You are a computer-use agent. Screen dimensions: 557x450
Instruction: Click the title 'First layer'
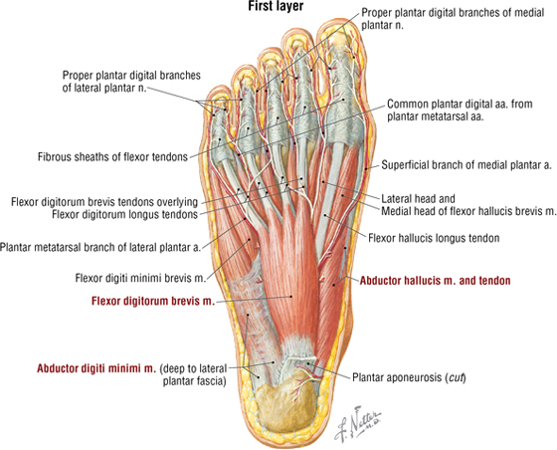276,6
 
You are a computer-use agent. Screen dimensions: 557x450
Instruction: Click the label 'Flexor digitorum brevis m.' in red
153,301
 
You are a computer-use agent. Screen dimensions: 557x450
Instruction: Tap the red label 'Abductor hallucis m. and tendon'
436,281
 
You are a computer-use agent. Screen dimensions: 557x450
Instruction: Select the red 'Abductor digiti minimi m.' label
96,368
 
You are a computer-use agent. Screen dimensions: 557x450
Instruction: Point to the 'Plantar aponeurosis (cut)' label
409,377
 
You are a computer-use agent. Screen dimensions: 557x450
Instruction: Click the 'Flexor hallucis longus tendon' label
434,238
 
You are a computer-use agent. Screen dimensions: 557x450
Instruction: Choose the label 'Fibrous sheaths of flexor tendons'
112,156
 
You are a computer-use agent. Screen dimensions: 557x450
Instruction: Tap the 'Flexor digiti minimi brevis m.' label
140,278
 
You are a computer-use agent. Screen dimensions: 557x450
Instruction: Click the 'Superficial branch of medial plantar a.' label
466,165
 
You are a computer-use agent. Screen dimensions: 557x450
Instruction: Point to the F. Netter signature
357,425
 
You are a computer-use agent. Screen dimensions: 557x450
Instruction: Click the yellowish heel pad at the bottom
286,406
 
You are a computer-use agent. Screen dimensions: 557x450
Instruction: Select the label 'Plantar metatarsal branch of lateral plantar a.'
100,247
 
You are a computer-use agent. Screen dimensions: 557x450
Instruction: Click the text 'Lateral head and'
418,198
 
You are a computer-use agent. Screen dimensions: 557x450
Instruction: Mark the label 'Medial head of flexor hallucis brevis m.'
468,211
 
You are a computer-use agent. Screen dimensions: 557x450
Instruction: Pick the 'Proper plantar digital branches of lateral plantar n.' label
131,82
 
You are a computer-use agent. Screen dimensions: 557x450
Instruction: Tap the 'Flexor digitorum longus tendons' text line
124,215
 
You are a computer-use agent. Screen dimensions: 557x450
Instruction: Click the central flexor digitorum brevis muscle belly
291,277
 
